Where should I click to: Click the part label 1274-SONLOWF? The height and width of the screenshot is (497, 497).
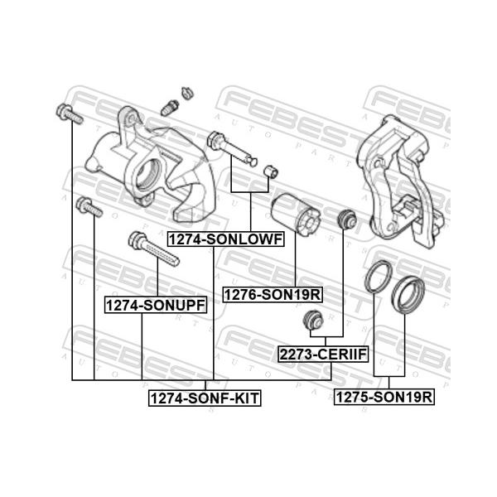tap(225, 239)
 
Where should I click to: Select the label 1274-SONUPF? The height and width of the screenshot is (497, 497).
tap(156, 305)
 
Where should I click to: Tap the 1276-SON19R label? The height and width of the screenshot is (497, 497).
tap(273, 295)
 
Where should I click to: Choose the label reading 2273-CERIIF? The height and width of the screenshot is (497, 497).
tap(323, 354)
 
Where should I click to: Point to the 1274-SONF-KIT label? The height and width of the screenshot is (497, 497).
tap(205, 398)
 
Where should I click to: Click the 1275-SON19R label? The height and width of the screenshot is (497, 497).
tap(384, 397)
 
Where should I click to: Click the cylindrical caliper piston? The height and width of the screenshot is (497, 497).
tap(296, 215)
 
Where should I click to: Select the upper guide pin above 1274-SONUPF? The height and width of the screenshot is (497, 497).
tap(154, 248)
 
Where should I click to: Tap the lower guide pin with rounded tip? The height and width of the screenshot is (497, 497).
tap(232, 148)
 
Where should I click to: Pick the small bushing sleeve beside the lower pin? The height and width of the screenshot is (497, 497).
tap(271, 171)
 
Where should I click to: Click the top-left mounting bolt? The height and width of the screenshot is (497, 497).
tap(70, 113)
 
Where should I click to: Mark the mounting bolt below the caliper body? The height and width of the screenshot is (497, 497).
tap(89, 207)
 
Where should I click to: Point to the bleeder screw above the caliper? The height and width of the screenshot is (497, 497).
tap(170, 108)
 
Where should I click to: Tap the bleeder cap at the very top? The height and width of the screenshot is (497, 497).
tap(187, 93)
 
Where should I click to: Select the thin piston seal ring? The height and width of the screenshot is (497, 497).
tap(379, 277)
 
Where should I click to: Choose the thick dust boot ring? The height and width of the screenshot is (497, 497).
tap(408, 295)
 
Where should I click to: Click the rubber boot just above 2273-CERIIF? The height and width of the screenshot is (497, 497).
tap(313, 320)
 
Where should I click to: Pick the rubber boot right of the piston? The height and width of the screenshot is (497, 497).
tap(346, 219)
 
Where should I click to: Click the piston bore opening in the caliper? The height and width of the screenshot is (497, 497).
tap(148, 174)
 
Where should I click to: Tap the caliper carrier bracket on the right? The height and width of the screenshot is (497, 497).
tap(400, 181)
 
